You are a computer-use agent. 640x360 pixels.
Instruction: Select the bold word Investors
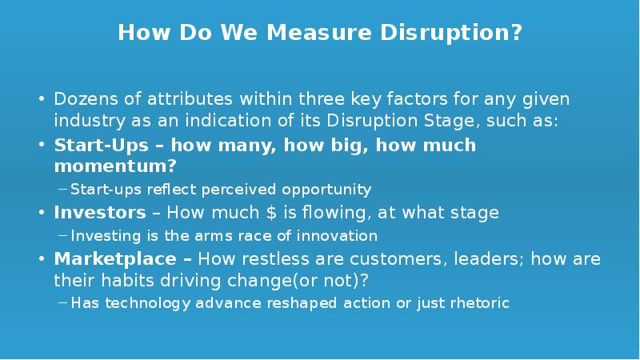[100, 213]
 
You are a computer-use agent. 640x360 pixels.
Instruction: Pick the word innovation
[335, 236]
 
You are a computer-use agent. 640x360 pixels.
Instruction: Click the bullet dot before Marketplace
[42, 260]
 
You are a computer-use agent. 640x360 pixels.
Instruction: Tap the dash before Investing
[64, 236]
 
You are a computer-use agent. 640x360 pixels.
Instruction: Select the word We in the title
[246, 34]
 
